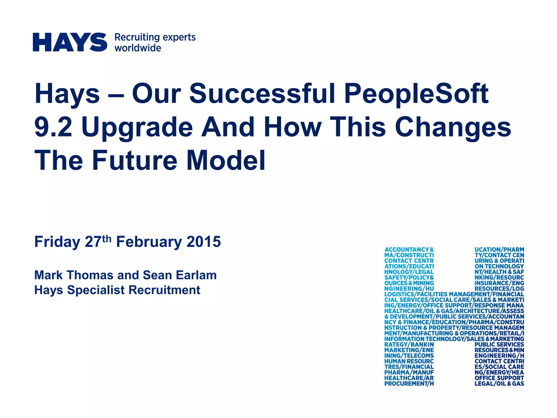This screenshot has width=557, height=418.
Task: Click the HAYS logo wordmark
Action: point(70,42)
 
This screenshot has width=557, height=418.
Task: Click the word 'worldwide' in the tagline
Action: point(138,48)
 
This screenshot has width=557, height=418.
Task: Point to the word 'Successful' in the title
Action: point(262,93)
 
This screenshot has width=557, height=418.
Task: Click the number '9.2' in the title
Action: point(54,127)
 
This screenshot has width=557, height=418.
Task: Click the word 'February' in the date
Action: point(149,242)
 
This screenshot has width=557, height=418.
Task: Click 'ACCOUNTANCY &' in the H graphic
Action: point(409,250)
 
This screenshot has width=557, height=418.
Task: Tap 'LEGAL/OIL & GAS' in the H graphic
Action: point(499,383)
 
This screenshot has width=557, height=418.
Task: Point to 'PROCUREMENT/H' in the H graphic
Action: point(409,383)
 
